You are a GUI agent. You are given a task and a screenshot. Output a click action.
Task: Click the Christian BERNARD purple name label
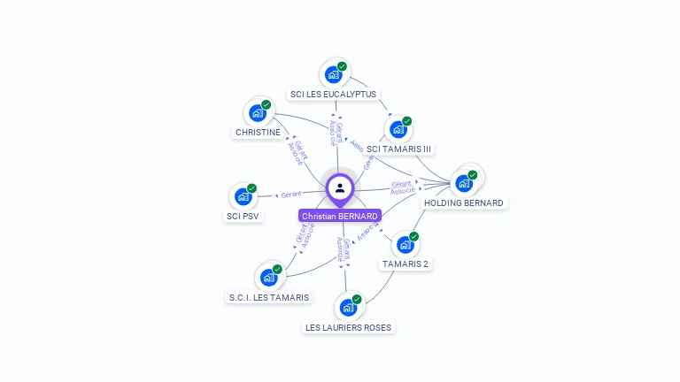(340, 216)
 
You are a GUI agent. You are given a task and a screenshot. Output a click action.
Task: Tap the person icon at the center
(340, 187)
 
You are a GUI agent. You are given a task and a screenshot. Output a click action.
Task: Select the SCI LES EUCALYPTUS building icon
(333, 75)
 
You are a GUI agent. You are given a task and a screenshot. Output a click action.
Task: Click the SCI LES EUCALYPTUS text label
(333, 94)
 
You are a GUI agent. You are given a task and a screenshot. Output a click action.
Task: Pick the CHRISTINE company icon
(258, 113)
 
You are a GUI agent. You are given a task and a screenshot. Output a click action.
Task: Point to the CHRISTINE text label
(258, 133)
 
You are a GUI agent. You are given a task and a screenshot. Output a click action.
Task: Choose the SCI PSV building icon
(243, 196)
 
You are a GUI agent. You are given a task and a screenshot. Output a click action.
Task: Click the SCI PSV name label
(243, 216)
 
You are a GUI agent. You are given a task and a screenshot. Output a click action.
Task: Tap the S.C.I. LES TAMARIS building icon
(268, 278)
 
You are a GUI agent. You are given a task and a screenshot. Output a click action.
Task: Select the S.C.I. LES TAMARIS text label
(269, 297)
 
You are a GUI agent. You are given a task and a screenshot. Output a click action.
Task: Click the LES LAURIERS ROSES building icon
(348, 308)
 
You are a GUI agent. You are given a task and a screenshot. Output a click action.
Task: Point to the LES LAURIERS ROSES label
(348, 327)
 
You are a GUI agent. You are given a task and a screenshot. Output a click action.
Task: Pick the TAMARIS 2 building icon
(405, 244)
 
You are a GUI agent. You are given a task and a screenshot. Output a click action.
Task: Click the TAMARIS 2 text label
(406, 264)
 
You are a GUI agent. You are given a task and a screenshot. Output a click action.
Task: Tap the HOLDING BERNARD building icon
(464, 183)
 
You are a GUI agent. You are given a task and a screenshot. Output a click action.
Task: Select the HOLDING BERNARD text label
(464, 202)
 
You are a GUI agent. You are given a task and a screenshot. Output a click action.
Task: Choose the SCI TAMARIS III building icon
(398, 129)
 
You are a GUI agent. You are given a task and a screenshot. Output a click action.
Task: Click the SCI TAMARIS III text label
(399, 149)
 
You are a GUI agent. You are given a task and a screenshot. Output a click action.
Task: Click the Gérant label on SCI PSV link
(291, 194)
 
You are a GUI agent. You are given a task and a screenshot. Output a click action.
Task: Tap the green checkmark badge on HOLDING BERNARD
(473, 174)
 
